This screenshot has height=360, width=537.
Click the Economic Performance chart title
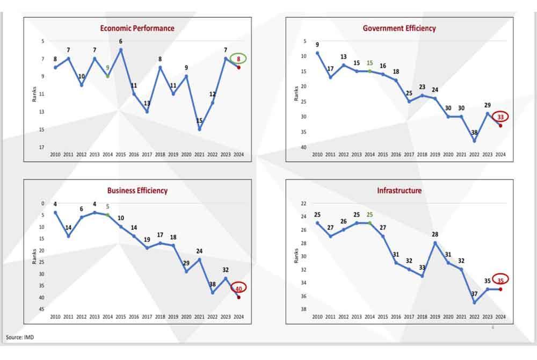(137, 28)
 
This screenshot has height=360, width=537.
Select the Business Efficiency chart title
(137, 190)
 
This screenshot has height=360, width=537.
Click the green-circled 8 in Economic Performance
(238, 59)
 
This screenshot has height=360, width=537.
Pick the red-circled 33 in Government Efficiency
(500, 117)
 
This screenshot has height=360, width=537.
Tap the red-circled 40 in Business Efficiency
(238, 288)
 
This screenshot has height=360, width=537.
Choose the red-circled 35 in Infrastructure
(500, 279)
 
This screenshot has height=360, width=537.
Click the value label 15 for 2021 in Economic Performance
(200, 121)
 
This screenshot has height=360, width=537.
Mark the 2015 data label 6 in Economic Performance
(121, 41)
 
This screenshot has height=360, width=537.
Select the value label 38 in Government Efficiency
(474, 132)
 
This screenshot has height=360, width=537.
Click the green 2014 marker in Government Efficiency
(369, 71)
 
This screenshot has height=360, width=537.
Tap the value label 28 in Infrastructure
(436, 234)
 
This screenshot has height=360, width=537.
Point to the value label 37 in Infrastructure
(474, 294)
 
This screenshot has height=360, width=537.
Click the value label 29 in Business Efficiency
(186, 263)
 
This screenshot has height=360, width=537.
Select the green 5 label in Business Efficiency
(107, 206)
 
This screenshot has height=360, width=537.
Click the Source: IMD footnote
(21, 337)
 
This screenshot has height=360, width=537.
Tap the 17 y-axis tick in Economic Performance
(41, 147)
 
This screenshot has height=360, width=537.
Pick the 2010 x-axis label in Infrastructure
(317, 316)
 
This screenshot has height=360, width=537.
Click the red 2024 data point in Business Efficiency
(238, 297)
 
